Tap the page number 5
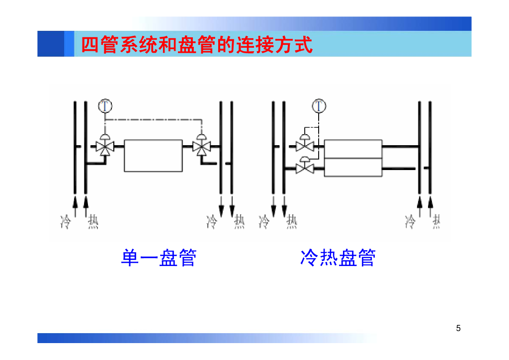[458, 328]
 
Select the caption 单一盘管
[159, 258]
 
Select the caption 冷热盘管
[338, 258]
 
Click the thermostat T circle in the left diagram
[105, 105]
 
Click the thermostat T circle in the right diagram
[319, 105]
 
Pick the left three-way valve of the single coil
[104, 147]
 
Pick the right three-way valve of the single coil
[201, 147]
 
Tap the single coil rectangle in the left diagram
[153, 155]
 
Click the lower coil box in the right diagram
[353, 167]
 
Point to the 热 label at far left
[93, 221]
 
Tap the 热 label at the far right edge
[436, 221]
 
